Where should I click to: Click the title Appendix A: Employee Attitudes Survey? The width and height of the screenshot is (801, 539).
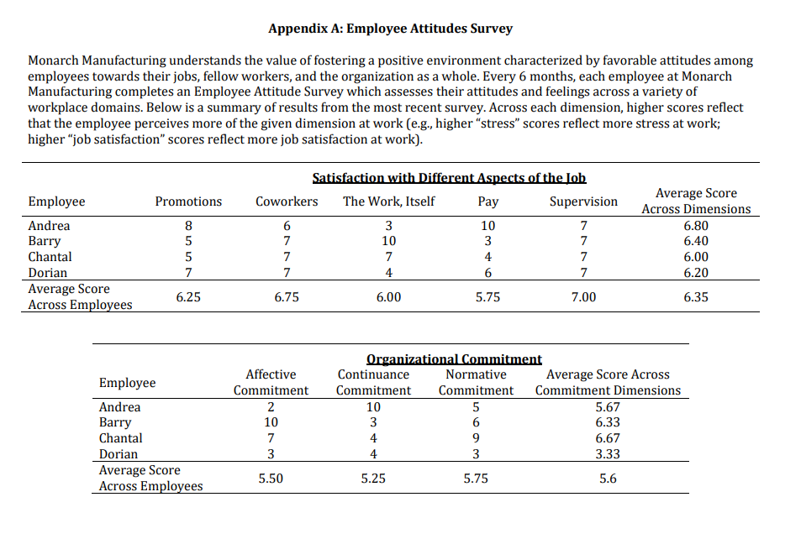coord(390,29)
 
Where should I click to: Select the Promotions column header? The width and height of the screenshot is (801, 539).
coord(188,201)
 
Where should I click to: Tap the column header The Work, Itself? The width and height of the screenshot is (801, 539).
coord(388,201)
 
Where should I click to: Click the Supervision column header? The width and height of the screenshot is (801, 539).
coord(583,201)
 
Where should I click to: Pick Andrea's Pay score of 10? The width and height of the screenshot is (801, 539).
coord(487,226)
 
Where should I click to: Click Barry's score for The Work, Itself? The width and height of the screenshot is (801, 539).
coord(388,242)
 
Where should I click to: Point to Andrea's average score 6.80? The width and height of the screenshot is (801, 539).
coord(696,226)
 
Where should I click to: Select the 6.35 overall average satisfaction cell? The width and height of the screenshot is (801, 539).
coord(696,297)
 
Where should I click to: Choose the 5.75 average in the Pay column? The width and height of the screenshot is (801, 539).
coord(487,297)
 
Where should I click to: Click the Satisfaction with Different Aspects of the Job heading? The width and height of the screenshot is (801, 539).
coord(449,178)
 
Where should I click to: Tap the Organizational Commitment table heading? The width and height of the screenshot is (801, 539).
coord(455,359)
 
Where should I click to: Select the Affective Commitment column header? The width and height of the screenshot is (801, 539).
coord(271,383)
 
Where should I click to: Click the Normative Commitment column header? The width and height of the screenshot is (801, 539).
coord(476,383)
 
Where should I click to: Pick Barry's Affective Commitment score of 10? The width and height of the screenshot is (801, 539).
coord(271,423)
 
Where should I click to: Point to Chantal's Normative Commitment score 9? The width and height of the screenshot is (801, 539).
coord(476,438)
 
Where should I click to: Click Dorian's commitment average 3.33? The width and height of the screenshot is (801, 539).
coord(608,454)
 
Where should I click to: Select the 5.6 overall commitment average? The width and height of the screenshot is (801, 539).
coord(608,479)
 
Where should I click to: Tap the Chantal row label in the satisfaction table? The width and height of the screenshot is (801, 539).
coord(50,257)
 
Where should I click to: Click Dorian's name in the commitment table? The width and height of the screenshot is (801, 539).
coord(119,454)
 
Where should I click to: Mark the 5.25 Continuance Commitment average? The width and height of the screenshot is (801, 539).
coord(374,479)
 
